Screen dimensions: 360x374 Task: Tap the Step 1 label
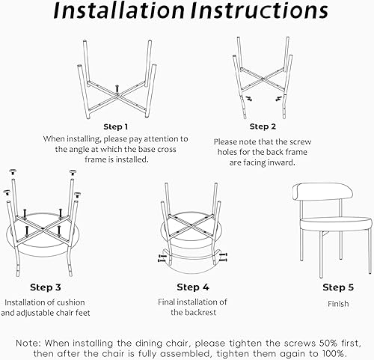[x=115, y=126]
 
